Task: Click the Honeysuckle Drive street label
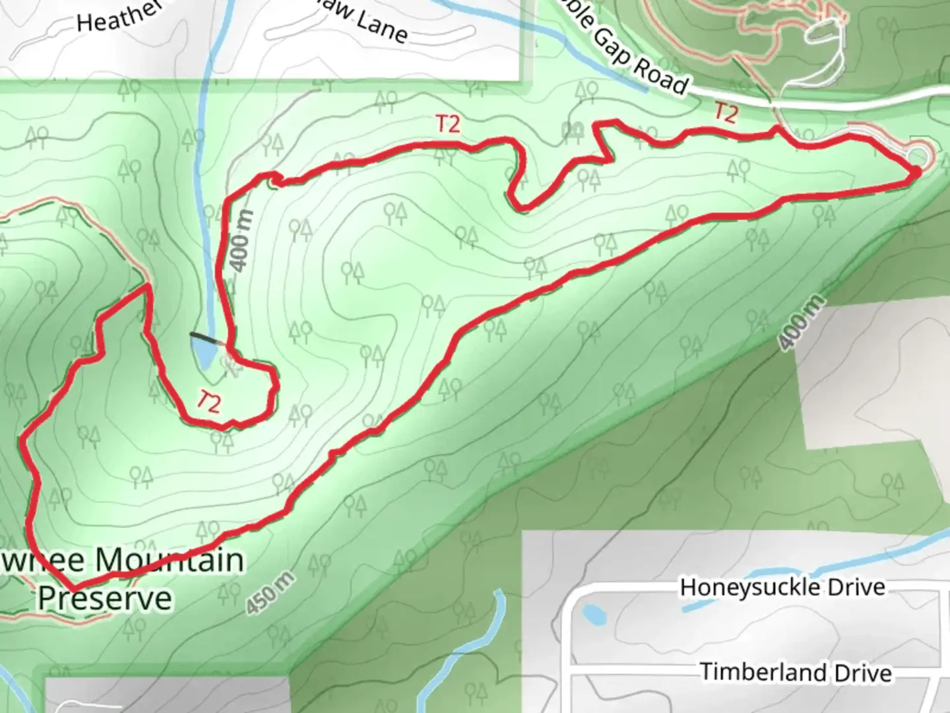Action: coord(782,587)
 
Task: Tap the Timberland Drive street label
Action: coord(796,672)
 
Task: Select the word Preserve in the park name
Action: coord(104,598)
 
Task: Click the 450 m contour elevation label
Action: coord(271,594)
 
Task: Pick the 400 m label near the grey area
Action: coord(801,323)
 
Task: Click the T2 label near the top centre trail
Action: coord(448,123)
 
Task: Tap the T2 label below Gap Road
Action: coord(726,113)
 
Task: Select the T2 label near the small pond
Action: coord(208,401)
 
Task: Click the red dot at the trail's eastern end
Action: coord(916,172)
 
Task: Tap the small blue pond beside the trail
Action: coord(203,352)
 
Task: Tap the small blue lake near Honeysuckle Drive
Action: coord(594,615)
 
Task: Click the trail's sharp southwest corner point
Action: coord(73,587)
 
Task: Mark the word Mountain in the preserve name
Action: coord(170,560)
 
